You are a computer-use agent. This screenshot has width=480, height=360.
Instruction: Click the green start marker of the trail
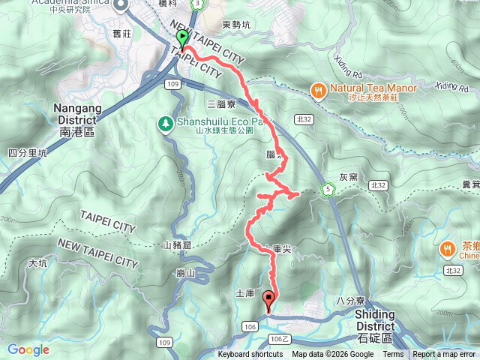coord(181,37)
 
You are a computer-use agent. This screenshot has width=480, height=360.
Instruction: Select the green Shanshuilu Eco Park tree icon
coord(164,121)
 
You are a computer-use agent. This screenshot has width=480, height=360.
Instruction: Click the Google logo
coord(28,349)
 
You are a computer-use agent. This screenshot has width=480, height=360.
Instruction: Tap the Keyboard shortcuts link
coord(250,355)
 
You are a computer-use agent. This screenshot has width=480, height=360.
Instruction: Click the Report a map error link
coord(445,355)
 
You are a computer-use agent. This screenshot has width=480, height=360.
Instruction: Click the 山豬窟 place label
coord(177,245)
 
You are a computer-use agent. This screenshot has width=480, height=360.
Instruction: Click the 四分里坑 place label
coord(27,153)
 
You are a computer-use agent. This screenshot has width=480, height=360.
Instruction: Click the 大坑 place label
coord(37,263)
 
